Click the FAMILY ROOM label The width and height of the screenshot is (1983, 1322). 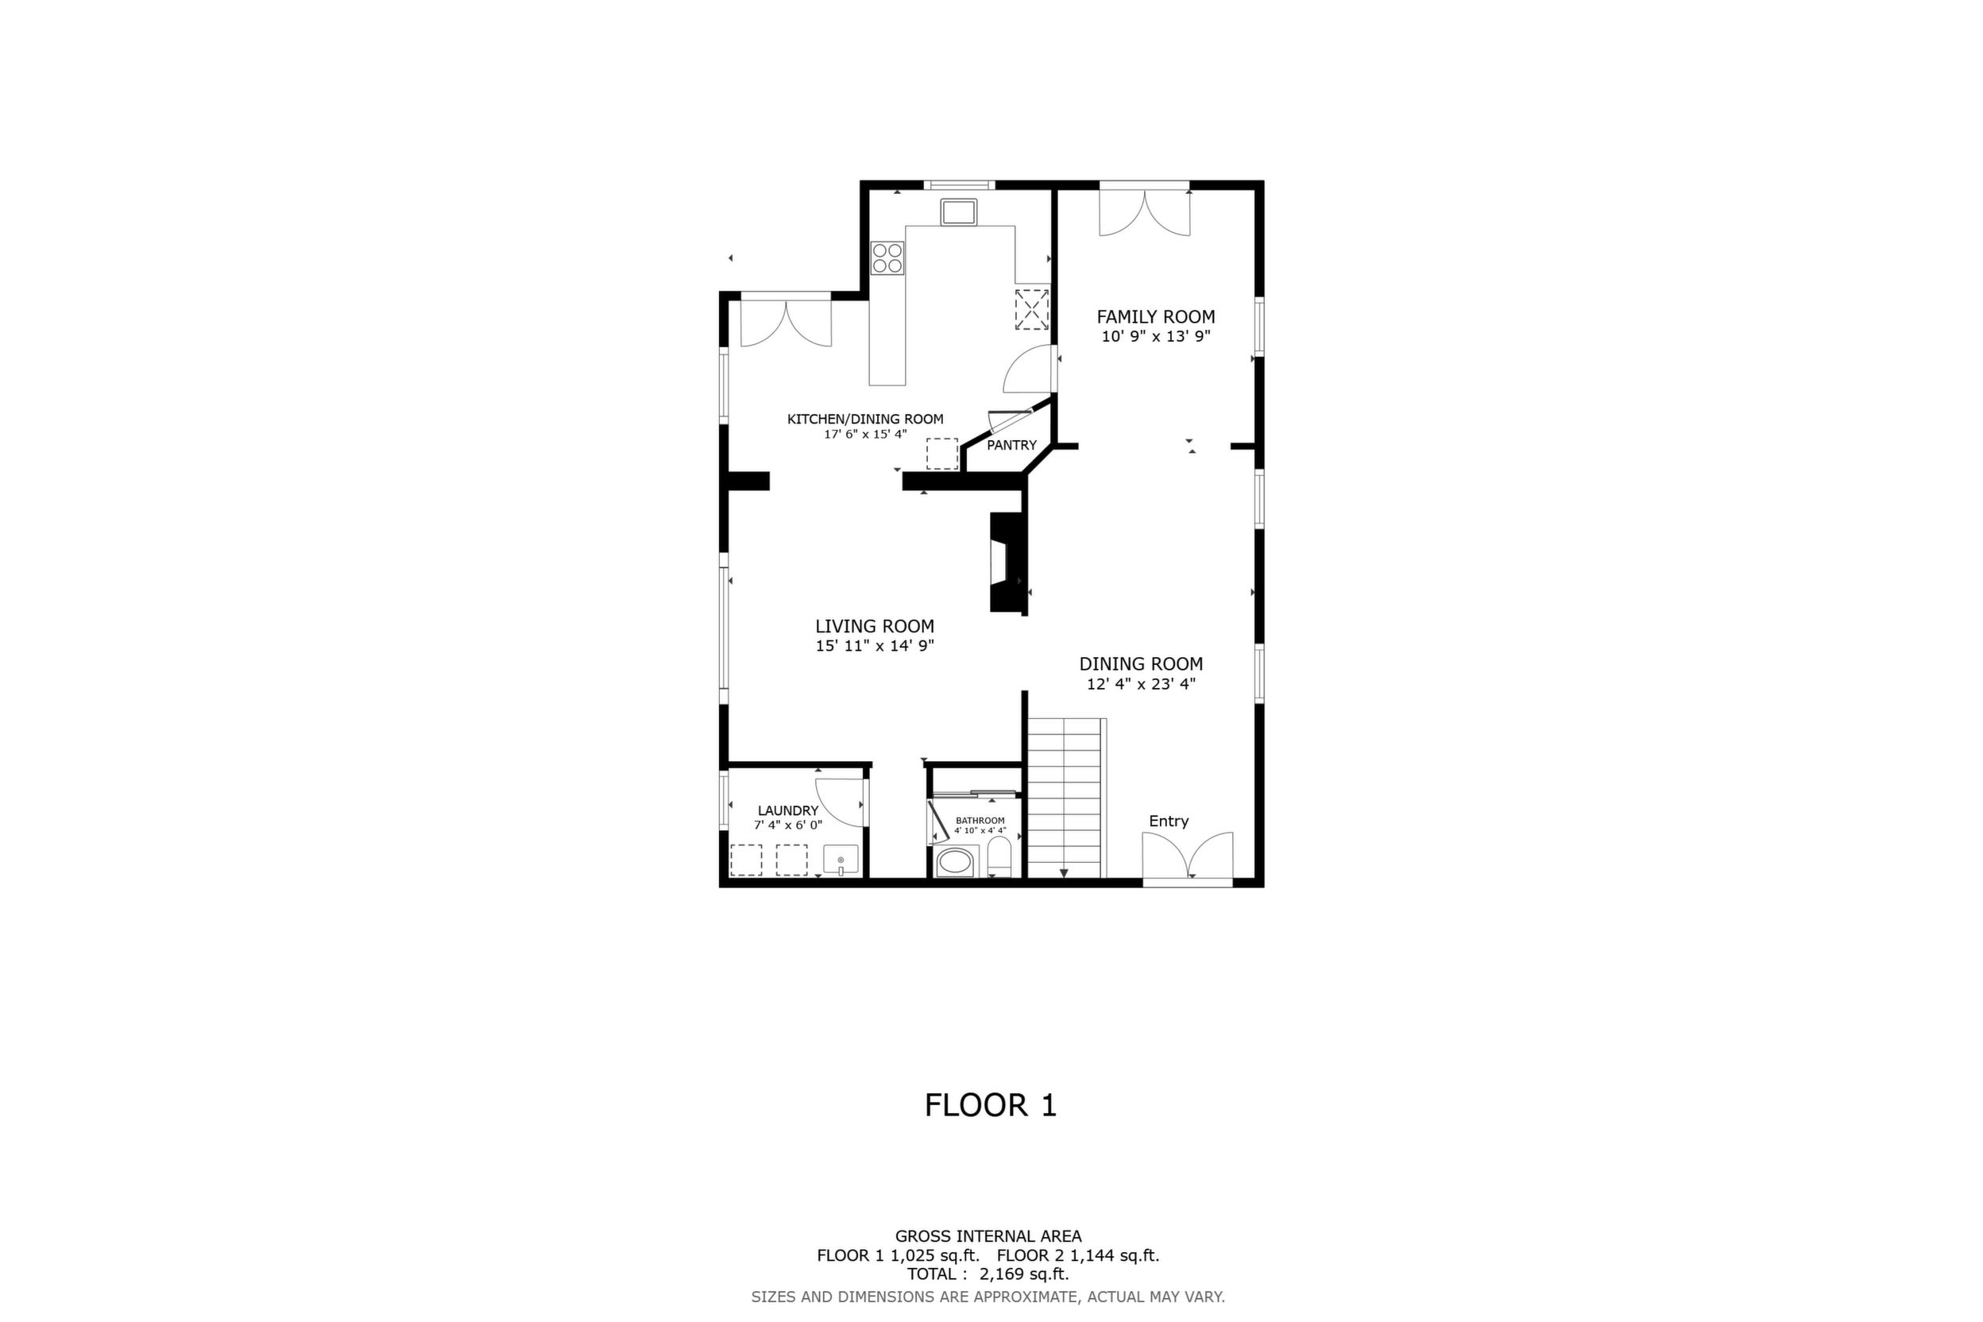pyautogui.click(x=1155, y=317)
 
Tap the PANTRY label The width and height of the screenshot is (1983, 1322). pyautogui.click(x=1011, y=445)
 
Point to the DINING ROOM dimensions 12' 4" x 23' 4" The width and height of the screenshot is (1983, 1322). pyautogui.click(x=1141, y=684)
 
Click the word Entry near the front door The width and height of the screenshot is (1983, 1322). pyautogui.click(x=1169, y=821)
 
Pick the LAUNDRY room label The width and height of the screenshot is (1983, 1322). pyautogui.click(x=787, y=811)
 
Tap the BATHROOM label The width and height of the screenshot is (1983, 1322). pyautogui.click(x=980, y=821)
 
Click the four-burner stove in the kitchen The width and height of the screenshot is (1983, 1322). pyautogui.click(x=887, y=258)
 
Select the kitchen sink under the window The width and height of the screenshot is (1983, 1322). pyautogui.click(x=959, y=212)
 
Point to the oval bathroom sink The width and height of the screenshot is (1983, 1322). pyautogui.click(x=955, y=864)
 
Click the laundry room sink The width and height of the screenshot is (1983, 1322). pyautogui.click(x=841, y=860)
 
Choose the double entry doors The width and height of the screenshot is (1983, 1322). pyautogui.click(x=1187, y=855)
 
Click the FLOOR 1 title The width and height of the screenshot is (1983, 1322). pyautogui.click(x=991, y=1105)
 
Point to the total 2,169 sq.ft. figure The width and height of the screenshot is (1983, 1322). pyautogui.click(x=1024, y=1274)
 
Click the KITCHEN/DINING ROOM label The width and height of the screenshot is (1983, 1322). pyautogui.click(x=865, y=419)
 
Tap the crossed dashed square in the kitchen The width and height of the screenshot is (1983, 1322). pyautogui.click(x=1031, y=309)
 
